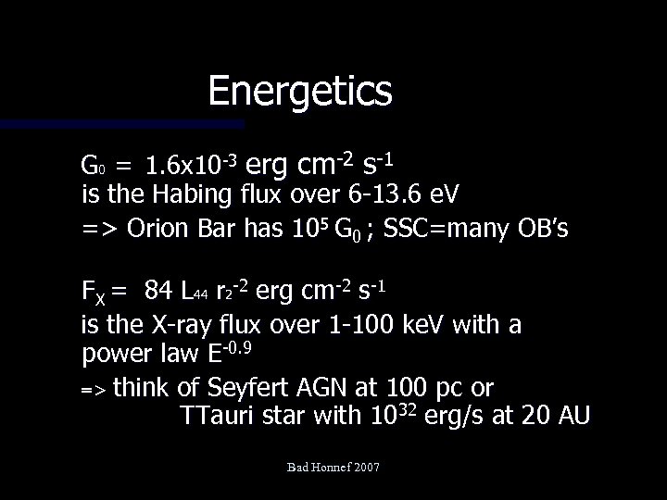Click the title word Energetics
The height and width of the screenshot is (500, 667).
[x=300, y=92]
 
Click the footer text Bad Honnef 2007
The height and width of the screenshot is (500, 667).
[x=333, y=470]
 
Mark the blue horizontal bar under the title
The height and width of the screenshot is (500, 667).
[x=120, y=123]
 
